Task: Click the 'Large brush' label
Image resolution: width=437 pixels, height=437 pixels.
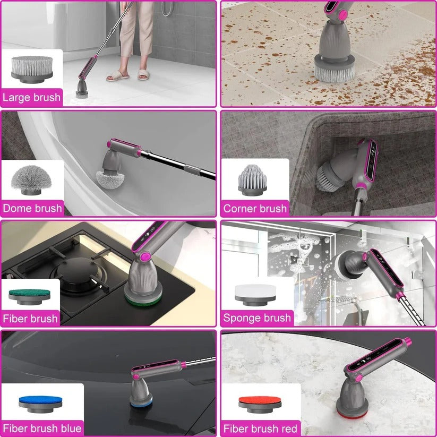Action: click(31, 97)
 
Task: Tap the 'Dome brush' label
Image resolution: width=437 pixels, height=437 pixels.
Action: click(32, 208)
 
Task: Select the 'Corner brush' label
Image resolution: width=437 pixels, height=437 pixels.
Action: click(255, 208)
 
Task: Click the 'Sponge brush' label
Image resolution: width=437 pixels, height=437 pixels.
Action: click(257, 318)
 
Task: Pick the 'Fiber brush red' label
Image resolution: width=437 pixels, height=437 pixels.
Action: click(260, 428)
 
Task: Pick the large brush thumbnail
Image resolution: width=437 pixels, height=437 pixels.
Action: click(32, 68)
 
